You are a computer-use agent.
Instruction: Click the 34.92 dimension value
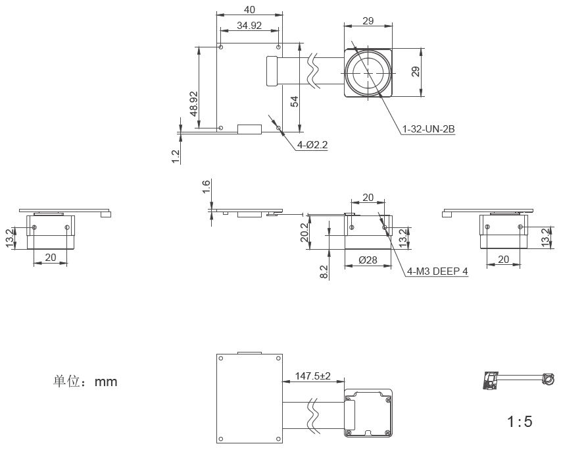coord(249,26)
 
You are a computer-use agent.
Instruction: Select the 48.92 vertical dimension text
coord(193,104)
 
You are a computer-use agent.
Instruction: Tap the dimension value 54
coord(294,101)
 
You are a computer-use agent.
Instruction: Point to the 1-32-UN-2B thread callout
coord(429,129)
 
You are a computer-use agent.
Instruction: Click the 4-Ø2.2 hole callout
coord(312,145)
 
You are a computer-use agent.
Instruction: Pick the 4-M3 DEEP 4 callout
coord(437,271)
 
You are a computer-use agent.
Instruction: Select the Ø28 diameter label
coord(368,260)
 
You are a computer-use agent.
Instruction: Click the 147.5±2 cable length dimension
coord(312,376)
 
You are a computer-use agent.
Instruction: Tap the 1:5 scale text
coord(520,422)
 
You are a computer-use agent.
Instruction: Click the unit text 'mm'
coord(106,381)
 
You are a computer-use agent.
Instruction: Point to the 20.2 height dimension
coord(304,233)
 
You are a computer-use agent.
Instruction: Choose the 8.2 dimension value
coord(324,272)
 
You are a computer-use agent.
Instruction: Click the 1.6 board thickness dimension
coord(206,186)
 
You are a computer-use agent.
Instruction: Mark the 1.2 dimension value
coord(176,157)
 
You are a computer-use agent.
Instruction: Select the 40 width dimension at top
coord(249,10)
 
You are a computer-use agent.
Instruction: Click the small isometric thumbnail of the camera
coord(518,380)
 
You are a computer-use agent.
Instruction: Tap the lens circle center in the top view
coord(368,72)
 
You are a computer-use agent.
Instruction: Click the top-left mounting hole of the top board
coord(221,47)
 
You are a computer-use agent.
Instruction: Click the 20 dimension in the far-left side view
coord(51,258)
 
